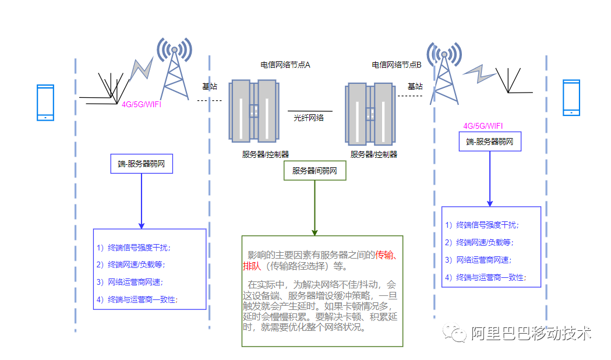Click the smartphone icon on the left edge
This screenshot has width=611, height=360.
click(x=45, y=103)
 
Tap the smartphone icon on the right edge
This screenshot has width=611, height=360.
click(x=571, y=98)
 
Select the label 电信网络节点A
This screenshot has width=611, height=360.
click(x=285, y=65)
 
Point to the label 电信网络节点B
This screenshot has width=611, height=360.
click(x=397, y=65)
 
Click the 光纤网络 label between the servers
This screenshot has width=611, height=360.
click(x=309, y=117)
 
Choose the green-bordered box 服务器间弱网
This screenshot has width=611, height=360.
click(x=315, y=171)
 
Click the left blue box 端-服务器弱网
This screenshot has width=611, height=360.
click(x=142, y=164)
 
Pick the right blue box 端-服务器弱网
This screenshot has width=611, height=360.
click(x=490, y=142)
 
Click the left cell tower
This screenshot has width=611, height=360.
click(x=175, y=70)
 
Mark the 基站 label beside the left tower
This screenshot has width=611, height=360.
click(x=210, y=86)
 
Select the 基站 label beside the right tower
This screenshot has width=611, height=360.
click(x=415, y=86)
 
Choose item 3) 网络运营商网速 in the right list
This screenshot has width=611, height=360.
click(x=485, y=260)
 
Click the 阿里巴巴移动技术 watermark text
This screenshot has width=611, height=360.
click(x=531, y=333)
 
